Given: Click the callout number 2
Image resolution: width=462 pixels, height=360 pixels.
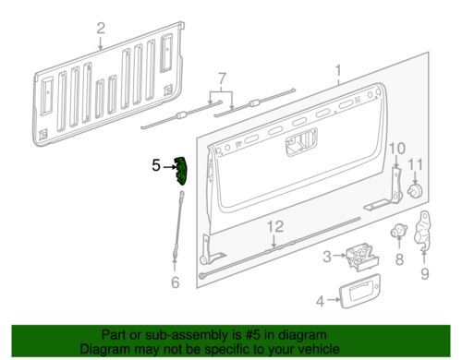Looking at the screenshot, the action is pos(101,29).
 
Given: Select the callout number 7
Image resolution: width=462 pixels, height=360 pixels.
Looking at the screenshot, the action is pos(222,79).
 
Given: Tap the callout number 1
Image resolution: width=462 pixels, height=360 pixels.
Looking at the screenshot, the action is pos(338,71).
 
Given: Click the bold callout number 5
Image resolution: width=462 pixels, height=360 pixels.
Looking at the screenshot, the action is pos(156,165).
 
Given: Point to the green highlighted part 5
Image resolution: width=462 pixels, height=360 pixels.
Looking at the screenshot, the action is pos(181,171).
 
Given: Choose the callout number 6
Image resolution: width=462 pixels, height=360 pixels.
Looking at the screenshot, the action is pos(175,282).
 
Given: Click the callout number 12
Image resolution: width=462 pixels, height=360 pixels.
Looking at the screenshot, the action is pos(275,227).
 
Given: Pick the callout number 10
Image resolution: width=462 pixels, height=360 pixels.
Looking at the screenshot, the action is pos(397,149).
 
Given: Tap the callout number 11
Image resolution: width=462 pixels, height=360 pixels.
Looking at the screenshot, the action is pos(416,165).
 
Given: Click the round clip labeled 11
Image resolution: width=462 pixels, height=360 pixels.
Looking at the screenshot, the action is pos(415,191).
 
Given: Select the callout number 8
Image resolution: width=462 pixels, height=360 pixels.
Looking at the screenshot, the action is pos(399,259).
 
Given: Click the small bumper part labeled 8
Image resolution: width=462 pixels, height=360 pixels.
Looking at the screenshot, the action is pos(398,231).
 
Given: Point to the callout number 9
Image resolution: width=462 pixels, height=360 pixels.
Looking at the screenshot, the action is pos(425,273).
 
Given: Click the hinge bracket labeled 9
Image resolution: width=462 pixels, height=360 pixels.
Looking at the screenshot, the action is pos(423,230).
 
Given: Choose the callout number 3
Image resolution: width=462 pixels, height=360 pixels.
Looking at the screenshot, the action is pos(327,257).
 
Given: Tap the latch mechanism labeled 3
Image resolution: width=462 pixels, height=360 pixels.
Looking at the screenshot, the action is pos(361,257).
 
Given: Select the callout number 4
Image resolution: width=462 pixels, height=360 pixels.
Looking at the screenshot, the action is pos(321,301).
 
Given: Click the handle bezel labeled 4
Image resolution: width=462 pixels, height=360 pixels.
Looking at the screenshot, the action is pos(359,291).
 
